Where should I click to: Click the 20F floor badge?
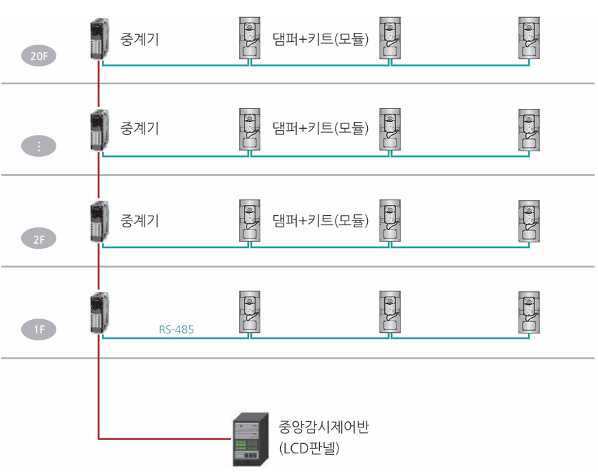(39, 55)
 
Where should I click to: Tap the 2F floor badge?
(39, 239)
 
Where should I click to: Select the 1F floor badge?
(39, 329)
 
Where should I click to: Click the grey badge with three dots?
(39, 146)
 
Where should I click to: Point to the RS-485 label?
(176, 329)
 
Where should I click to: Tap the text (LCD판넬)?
(310, 449)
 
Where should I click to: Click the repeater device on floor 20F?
(97, 40)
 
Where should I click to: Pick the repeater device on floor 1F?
(97, 314)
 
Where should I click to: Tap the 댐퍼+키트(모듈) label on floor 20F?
(320, 38)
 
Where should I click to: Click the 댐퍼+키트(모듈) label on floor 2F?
(320, 220)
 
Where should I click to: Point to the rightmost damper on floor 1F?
(529, 312)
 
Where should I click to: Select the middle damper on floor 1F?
(389, 312)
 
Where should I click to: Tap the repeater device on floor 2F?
(97, 222)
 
